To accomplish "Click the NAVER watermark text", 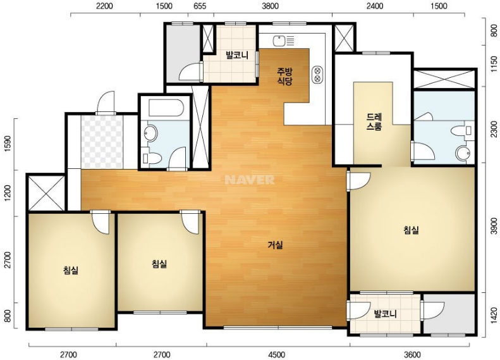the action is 249,180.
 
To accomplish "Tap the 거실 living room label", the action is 275,245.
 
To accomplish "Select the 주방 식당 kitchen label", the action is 284,76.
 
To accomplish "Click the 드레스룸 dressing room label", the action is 374,122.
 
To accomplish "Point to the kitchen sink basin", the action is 279,41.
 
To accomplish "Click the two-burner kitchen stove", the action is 317,74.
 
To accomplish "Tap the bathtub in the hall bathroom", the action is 166,108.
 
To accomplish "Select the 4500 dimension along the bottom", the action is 276,354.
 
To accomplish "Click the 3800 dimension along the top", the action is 270,6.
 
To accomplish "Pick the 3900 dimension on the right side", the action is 494,226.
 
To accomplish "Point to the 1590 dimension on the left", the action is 8,144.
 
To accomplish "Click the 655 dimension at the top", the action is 200,6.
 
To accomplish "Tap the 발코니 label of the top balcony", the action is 237,55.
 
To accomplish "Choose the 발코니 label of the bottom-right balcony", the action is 386,313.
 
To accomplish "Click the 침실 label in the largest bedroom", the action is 411,230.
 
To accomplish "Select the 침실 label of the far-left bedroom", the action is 71,270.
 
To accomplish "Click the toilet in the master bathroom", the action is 461,130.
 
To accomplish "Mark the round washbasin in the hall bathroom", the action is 150,133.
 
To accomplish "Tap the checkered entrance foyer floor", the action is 102,142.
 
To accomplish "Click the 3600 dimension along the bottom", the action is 412,354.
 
